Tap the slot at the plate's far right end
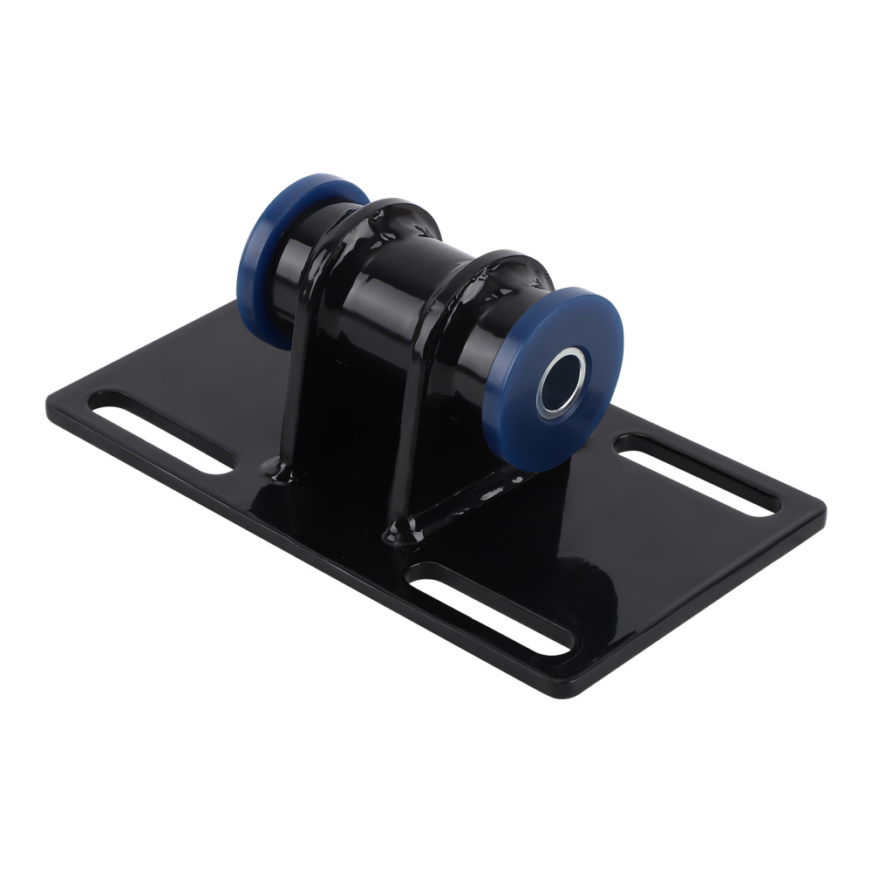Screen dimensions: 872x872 coord(698,474)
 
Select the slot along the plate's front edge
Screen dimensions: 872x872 coord(493,608)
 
